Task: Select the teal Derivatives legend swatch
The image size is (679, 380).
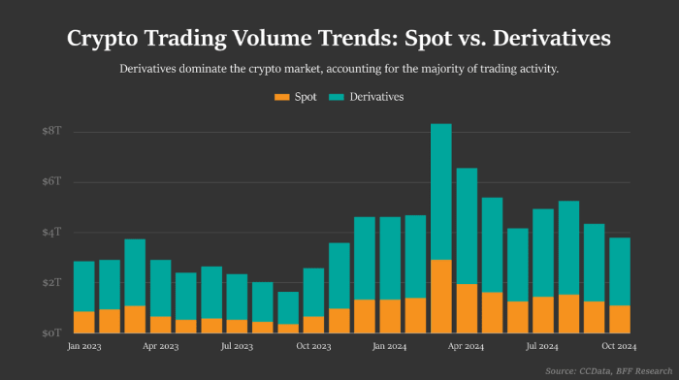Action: point(338,97)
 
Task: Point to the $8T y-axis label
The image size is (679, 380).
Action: point(51,131)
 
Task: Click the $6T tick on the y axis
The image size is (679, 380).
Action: point(51,181)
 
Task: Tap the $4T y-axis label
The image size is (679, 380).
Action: point(51,232)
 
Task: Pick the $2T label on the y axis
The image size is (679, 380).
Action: point(51,282)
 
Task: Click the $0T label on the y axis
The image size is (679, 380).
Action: point(51,332)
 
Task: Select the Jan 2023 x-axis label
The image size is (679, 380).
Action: point(84,345)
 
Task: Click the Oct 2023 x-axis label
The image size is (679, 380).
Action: point(313,345)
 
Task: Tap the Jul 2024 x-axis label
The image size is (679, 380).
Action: point(543,345)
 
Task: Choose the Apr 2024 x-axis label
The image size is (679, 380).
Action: point(467,345)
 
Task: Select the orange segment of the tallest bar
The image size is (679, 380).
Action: point(441,296)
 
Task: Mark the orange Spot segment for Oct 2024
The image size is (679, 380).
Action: point(620,319)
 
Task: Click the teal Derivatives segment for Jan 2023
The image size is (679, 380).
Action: point(84,286)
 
